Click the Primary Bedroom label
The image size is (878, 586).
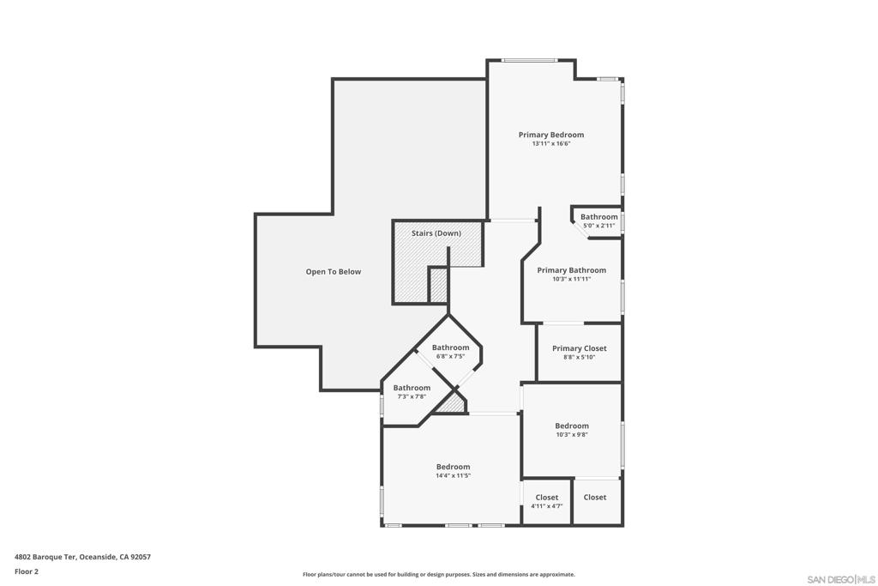click(550, 135)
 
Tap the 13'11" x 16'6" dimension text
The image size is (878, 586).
click(550, 144)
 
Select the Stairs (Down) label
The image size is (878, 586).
click(436, 233)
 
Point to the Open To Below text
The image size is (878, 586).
click(334, 272)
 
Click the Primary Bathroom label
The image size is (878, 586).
click(571, 270)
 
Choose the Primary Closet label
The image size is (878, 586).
click(579, 348)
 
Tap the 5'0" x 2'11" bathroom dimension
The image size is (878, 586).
click(598, 226)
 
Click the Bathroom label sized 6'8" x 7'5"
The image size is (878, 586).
click(450, 347)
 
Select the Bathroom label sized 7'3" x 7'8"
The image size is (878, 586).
click(412, 388)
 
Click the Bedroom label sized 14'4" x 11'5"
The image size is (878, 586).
click(453, 467)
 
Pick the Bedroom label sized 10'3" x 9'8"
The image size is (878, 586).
click(571, 426)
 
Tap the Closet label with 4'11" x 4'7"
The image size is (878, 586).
click(546, 498)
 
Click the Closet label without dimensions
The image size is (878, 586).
click(594, 498)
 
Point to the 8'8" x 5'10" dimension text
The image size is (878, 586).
click(579, 357)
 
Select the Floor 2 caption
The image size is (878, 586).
click(27, 571)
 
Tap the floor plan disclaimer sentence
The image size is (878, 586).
click(438, 575)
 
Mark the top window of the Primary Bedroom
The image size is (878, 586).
click(529, 60)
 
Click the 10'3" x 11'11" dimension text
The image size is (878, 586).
click(571, 279)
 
